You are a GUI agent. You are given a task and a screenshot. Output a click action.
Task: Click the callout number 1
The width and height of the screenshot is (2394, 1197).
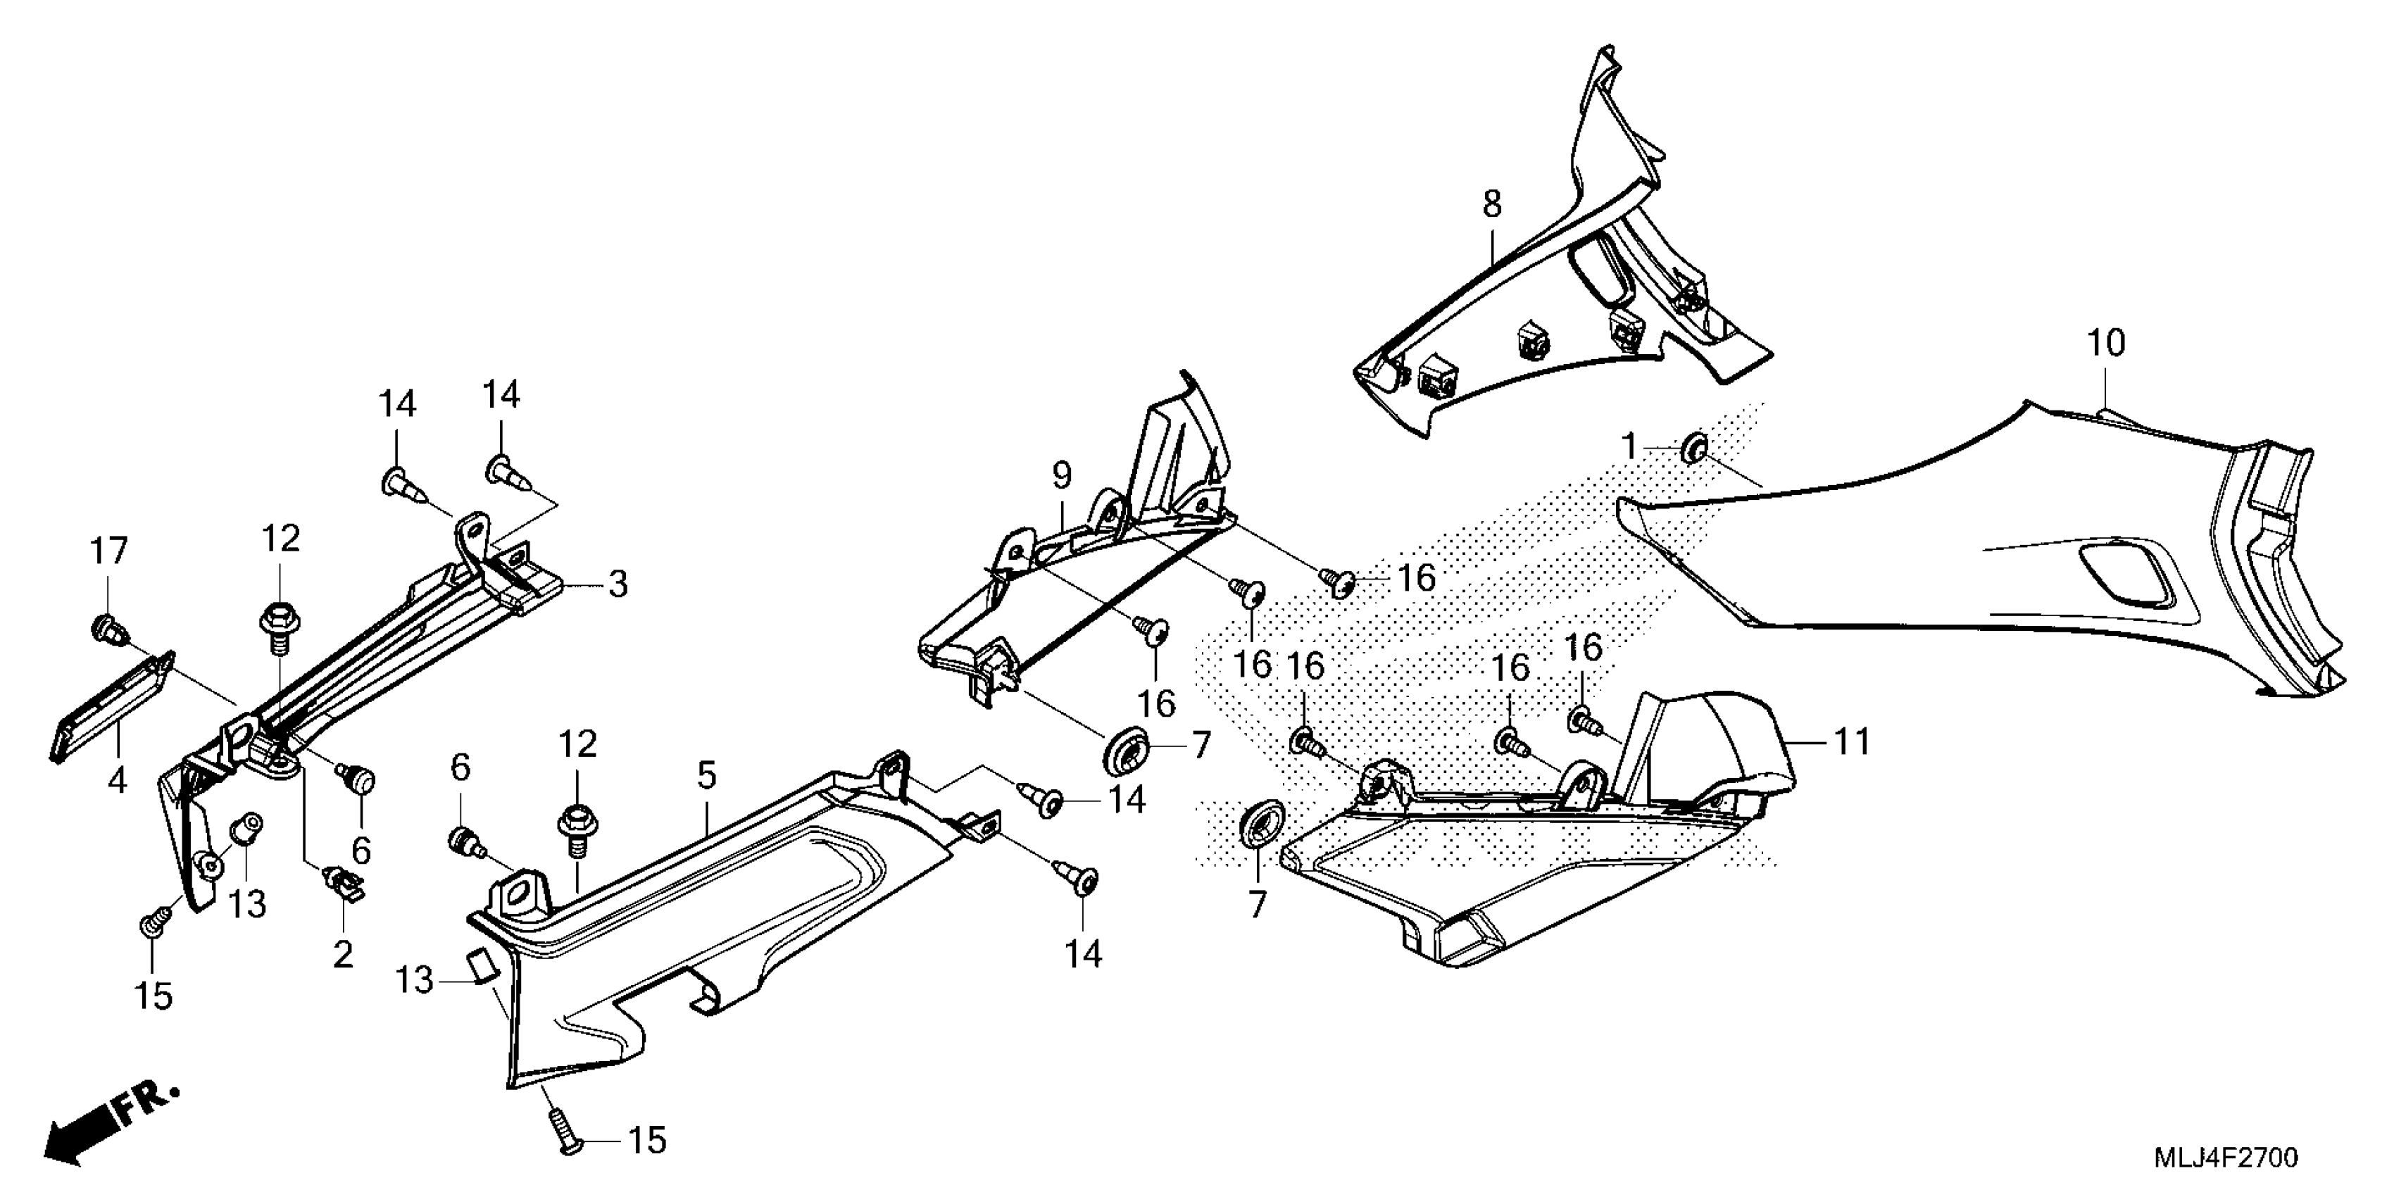(x=1627, y=447)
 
